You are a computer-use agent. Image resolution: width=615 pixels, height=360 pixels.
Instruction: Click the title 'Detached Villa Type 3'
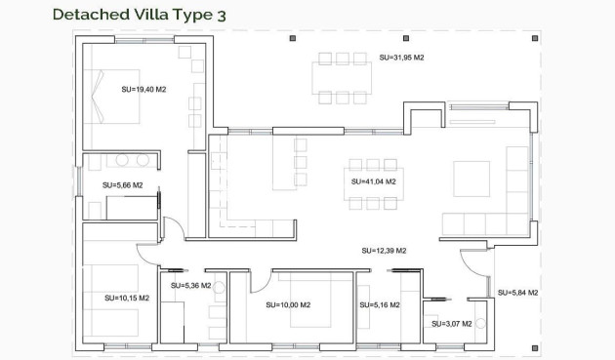pyautogui.click(x=128, y=14)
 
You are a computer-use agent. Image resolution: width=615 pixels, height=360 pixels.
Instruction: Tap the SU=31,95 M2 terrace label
pyautogui.click(x=401, y=58)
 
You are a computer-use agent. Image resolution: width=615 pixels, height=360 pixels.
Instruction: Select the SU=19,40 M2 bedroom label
pyautogui.click(x=143, y=89)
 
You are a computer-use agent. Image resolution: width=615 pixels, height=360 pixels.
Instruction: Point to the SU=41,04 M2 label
pyautogui.click(x=374, y=181)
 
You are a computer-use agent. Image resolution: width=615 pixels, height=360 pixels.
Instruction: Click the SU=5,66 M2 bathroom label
pyautogui.click(x=122, y=184)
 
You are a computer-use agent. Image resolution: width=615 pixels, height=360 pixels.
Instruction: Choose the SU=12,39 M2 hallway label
pyautogui.click(x=384, y=251)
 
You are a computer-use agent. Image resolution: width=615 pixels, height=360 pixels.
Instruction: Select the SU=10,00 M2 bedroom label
pyautogui.click(x=288, y=304)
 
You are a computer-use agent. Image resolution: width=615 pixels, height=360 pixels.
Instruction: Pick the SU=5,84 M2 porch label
pyautogui.click(x=517, y=293)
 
